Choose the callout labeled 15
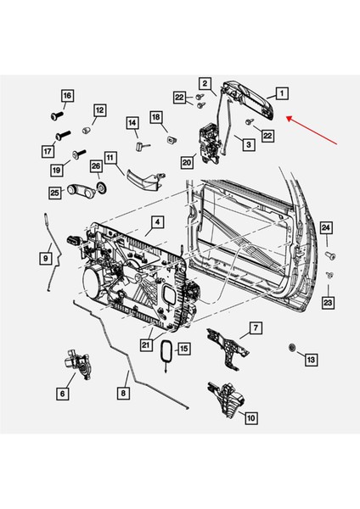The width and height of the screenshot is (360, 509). click(183, 349)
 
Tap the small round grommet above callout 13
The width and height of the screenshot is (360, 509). click(293, 347)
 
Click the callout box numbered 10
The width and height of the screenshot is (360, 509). click(250, 417)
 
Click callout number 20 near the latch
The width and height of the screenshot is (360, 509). click(187, 160)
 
